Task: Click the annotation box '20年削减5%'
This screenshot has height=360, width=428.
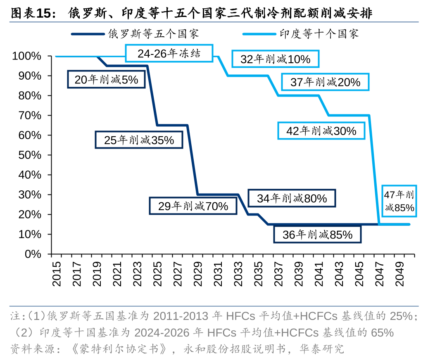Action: (x=106, y=79)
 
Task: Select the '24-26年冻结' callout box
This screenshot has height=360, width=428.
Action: (x=169, y=54)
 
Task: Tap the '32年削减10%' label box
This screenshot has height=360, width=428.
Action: (x=276, y=59)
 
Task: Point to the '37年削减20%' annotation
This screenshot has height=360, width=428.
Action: (x=325, y=82)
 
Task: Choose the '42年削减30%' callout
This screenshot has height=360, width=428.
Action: (x=321, y=131)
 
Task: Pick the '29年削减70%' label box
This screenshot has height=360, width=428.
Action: (x=193, y=206)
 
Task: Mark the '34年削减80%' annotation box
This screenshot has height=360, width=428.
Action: (x=292, y=198)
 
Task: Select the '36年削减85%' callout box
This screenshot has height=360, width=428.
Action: (x=317, y=234)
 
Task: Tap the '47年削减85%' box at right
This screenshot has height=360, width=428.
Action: (x=399, y=201)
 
